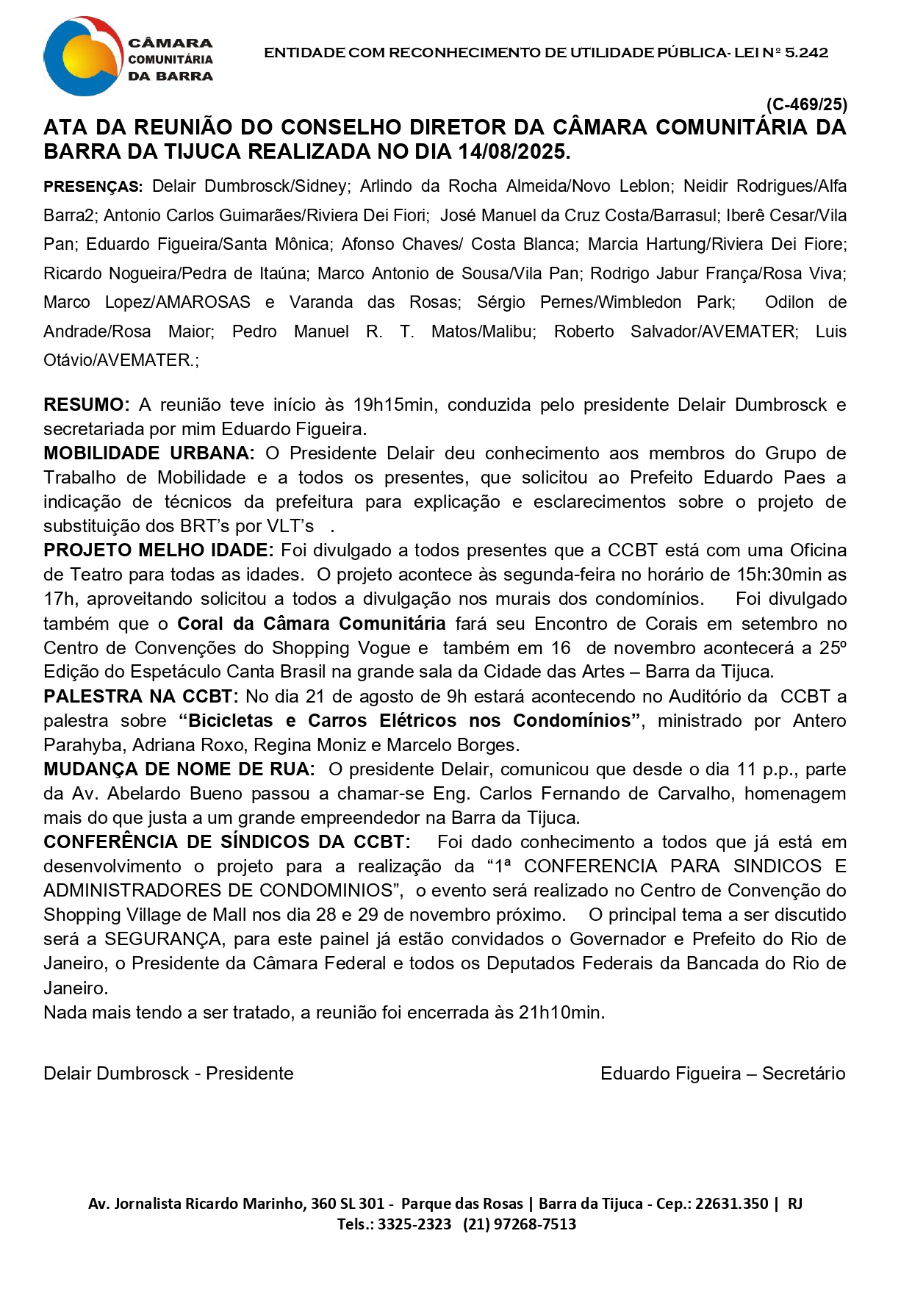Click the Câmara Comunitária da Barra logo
pyautogui.click(x=129, y=57)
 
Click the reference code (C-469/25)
pyautogui.click(x=806, y=104)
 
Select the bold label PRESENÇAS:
pyautogui.click(x=93, y=187)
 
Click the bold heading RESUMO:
pyautogui.click(x=86, y=405)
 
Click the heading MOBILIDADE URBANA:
pyautogui.click(x=148, y=453)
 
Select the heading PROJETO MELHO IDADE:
pyautogui.click(x=158, y=550)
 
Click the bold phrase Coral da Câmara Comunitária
pyautogui.click(x=312, y=624)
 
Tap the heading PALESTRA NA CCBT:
pyautogui.click(x=140, y=697)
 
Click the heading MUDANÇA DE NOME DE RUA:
pyautogui.click(x=179, y=769)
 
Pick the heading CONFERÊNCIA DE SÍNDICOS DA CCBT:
pyautogui.click(x=226, y=842)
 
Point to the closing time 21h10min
pyautogui.click(x=561, y=1013)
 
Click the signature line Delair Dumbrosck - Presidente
pyautogui.click(x=168, y=1074)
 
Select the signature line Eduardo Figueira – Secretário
pyautogui.click(x=722, y=1074)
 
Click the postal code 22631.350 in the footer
pyautogui.click(x=731, y=1204)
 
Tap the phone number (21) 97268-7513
pyautogui.click(x=520, y=1224)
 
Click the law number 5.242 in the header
pyautogui.click(x=806, y=53)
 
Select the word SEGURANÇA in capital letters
pyautogui.click(x=163, y=940)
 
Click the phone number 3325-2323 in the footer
pyautogui.click(x=414, y=1224)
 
